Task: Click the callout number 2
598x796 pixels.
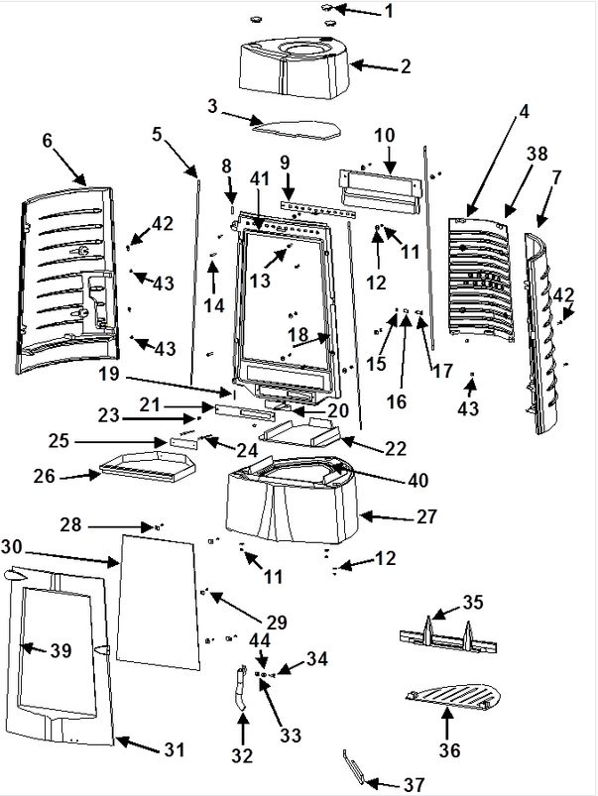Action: [x=406, y=66]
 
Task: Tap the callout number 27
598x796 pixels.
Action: [x=426, y=516]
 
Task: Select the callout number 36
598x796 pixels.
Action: [x=449, y=749]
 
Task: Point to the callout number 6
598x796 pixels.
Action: [x=48, y=140]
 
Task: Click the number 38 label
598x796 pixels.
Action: [x=538, y=154]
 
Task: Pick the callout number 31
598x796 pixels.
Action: [x=175, y=749]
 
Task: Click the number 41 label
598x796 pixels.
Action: [x=260, y=178]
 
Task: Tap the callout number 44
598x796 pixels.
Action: [x=260, y=641]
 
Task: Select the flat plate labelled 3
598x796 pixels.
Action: [x=298, y=130]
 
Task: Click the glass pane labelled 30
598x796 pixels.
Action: [x=158, y=602]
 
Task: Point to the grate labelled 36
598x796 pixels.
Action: [x=454, y=695]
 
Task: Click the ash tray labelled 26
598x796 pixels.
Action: [x=148, y=467]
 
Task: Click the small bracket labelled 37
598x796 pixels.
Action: [x=354, y=766]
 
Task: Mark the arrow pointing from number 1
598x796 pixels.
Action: [x=358, y=11]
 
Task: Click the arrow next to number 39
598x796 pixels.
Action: [x=33, y=648]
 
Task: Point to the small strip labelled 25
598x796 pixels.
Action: [x=182, y=443]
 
